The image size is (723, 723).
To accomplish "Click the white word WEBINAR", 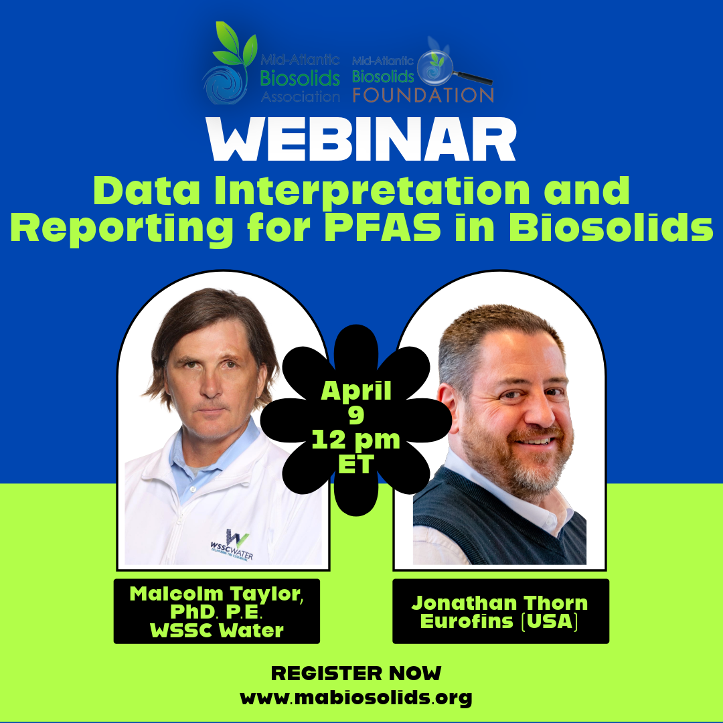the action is click(x=361, y=139).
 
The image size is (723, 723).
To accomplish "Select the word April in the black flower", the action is click(x=356, y=392).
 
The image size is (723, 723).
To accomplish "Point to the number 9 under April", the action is click(x=356, y=414).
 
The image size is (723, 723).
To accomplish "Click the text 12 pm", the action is click(x=356, y=440).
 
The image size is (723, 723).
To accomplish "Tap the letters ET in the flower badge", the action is click(x=355, y=465).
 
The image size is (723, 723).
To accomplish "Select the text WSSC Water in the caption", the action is click(x=217, y=631).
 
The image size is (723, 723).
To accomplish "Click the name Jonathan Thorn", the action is click(x=500, y=603).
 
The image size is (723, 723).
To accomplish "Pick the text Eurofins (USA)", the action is click(x=499, y=621).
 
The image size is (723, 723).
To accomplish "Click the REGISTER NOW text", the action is click(x=356, y=673).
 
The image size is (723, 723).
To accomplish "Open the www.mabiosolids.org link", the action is click(x=356, y=697).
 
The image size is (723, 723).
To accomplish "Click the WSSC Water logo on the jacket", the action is click(x=232, y=546).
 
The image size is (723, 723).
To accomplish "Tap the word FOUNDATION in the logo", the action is click(x=423, y=95).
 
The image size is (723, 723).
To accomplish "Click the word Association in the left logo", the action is click(x=300, y=97).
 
